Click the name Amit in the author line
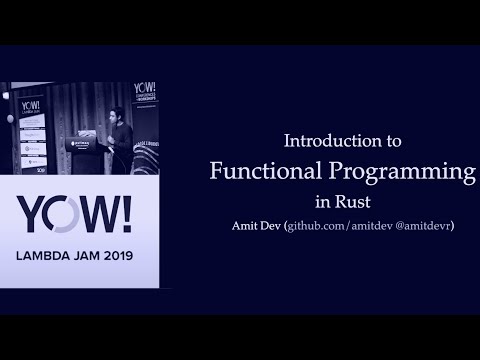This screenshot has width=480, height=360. tap(245, 226)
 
